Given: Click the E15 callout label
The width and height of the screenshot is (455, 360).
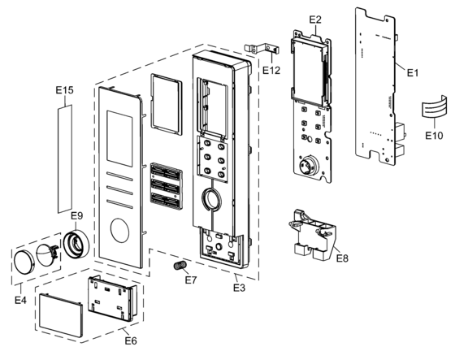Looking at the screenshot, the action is (x=64, y=90).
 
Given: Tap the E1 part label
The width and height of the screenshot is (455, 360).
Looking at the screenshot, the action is (x=413, y=72).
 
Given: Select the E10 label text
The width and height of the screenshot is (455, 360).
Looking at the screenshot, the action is (x=434, y=135).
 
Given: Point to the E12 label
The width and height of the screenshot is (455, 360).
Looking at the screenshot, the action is (x=271, y=70).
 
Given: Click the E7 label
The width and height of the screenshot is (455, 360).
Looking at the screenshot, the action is (x=191, y=280).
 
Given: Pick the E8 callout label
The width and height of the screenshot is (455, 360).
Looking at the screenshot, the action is (x=342, y=258).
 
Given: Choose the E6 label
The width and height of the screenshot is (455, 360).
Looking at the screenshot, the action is (x=131, y=340).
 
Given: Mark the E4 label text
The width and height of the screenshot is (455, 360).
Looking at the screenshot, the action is (x=20, y=300).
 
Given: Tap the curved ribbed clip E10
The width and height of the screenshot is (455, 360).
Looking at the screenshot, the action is (x=435, y=108).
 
